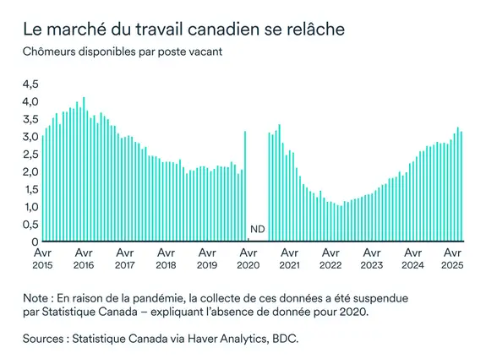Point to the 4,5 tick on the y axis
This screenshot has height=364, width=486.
(30, 84)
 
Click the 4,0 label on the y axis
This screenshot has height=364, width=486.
(30, 101)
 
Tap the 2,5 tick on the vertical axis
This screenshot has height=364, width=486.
(30, 154)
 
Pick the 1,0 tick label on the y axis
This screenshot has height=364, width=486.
(30, 207)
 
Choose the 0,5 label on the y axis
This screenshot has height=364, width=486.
(30, 225)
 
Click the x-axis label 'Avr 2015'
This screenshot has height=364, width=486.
(42, 258)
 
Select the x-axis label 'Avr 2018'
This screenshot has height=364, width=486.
(166, 258)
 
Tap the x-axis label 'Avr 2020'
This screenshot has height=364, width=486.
(248, 258)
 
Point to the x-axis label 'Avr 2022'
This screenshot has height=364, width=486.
(330, 258)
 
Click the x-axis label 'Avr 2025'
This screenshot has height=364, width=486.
(453, 258)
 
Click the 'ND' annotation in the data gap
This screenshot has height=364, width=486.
(258, 230)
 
